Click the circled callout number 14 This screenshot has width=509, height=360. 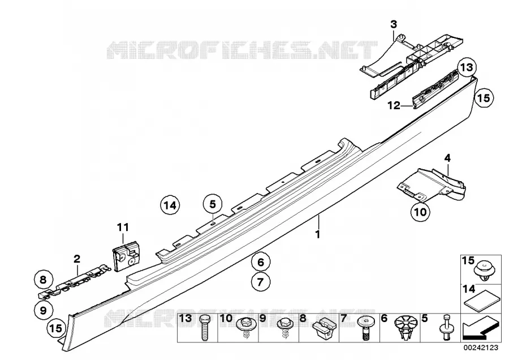pos(170,205)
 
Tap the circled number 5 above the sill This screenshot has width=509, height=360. pos(212,204)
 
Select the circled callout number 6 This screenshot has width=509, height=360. pos(261,262)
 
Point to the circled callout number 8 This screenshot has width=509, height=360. pos(44,280)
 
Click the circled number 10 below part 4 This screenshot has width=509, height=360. pos(420,212)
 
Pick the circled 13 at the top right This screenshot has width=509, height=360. pos(467,68)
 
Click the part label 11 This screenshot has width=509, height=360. pos(123,227)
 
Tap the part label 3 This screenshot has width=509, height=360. pos(394,24)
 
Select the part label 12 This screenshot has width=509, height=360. pos(394,105)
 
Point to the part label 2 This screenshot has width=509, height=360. pos(77,259)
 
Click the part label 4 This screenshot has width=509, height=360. pos(447,158)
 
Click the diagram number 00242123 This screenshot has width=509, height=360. pos(481,348)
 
